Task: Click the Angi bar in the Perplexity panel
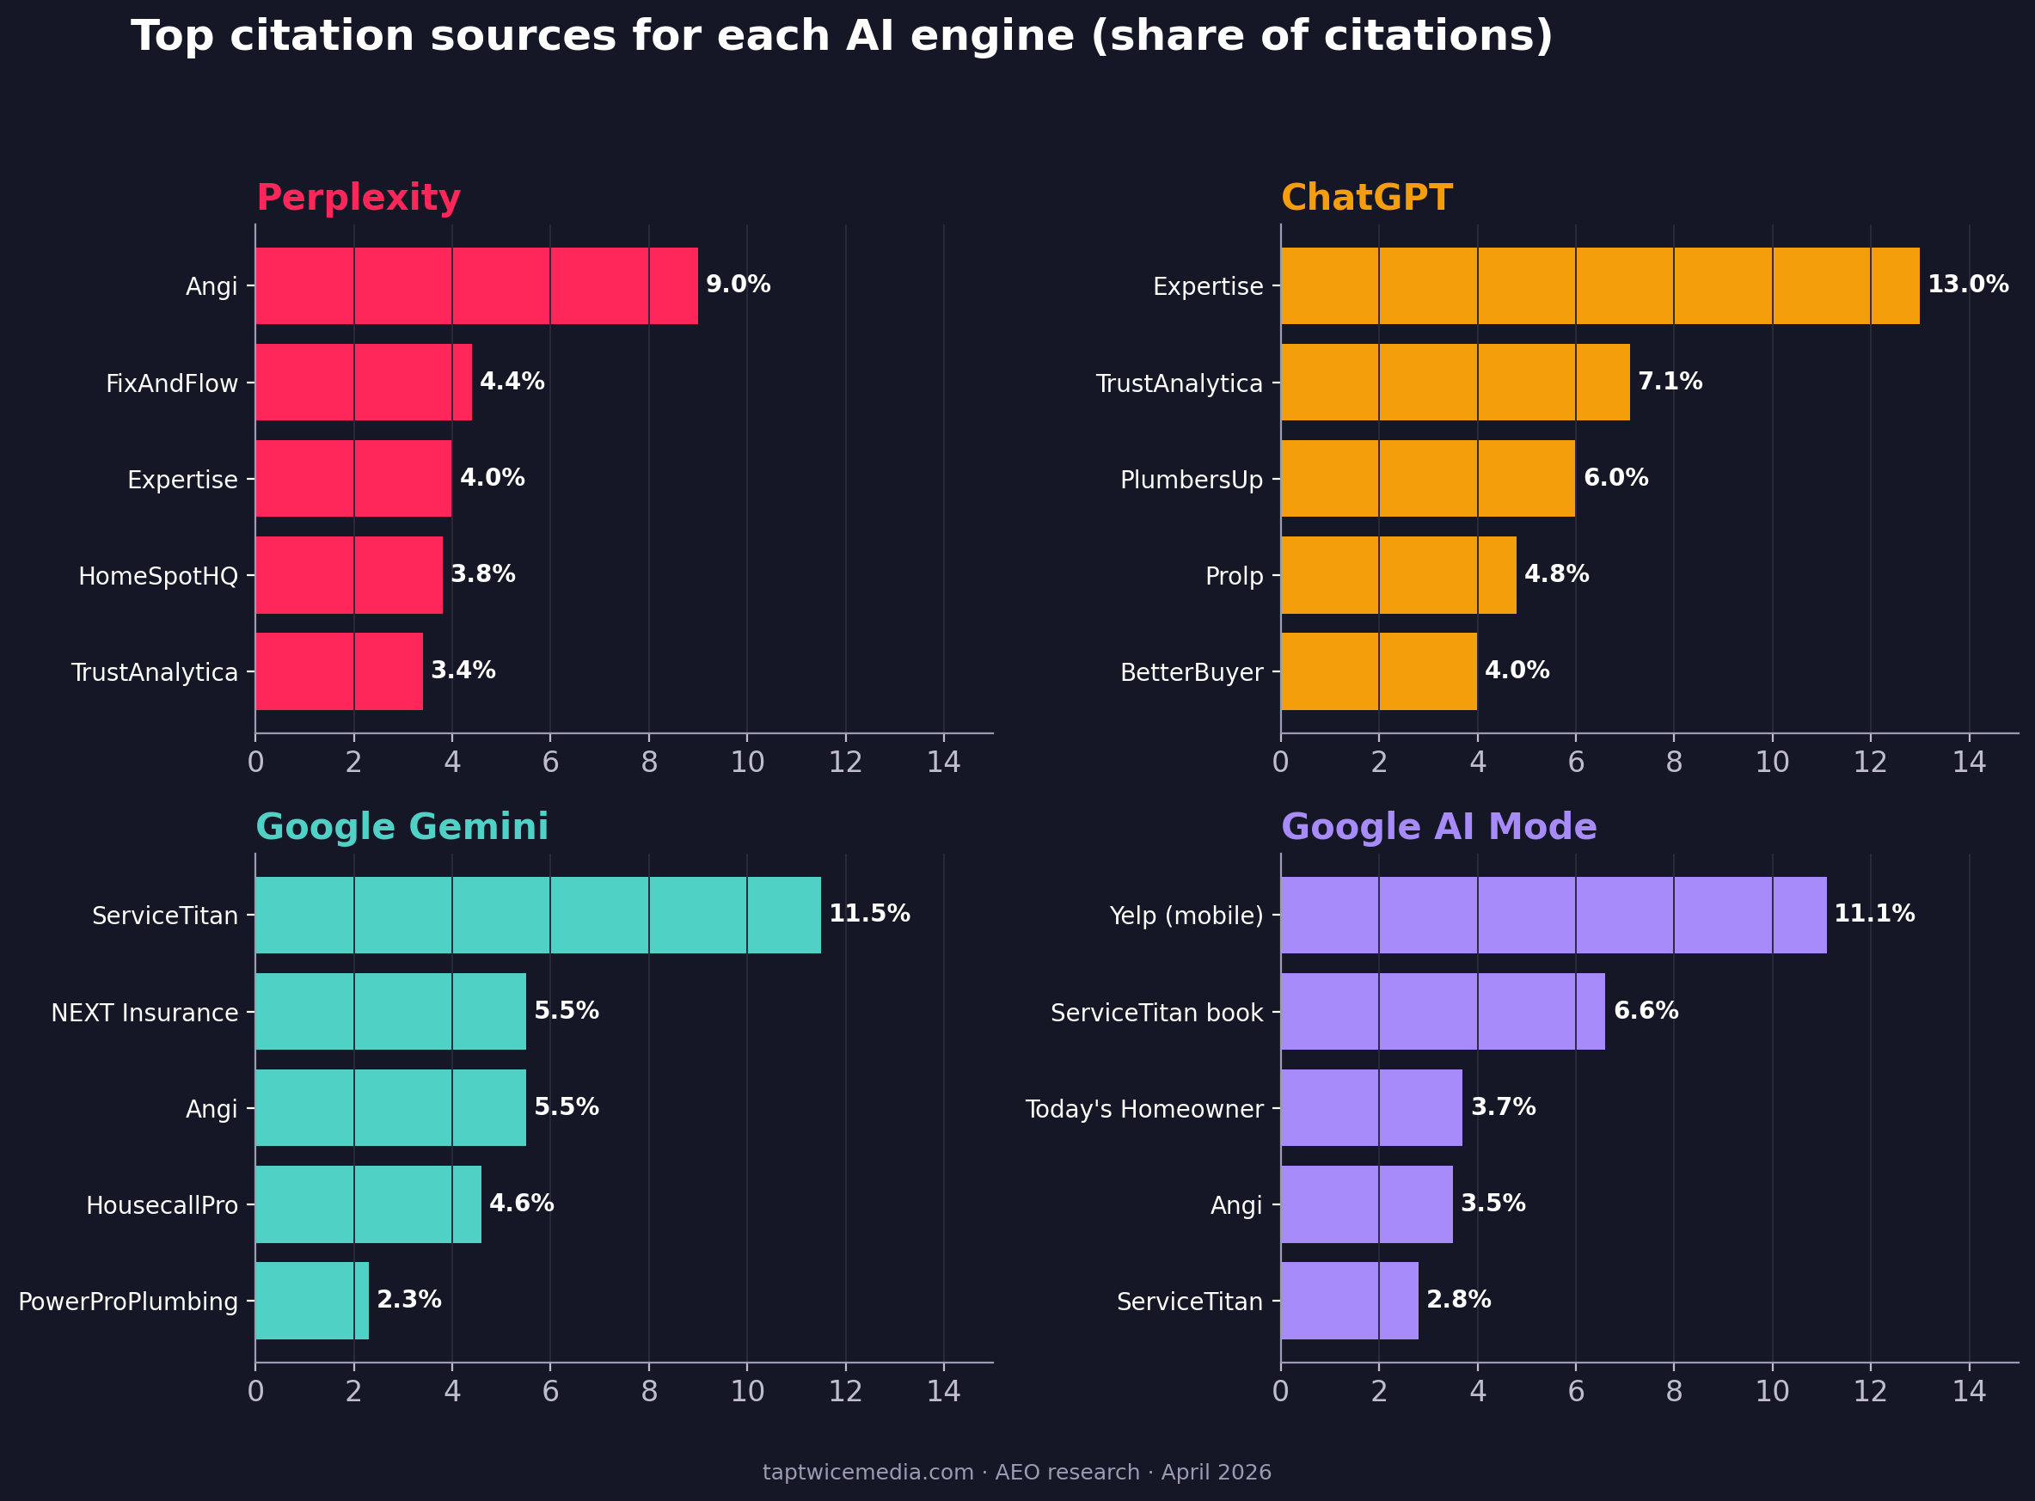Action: click(476, 285)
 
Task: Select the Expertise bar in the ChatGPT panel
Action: click(1600, 285)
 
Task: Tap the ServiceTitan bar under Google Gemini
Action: click(538, 915)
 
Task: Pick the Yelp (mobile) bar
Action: click(1554, 915)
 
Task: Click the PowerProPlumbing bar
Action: click(311, 1300)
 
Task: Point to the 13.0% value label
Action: click(1968, 285)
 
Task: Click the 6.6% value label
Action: click(1646, 1010)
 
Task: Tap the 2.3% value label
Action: click(409, 1299)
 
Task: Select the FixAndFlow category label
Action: click(172, 383)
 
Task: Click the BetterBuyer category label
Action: click(1191, 672)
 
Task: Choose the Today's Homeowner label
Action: click(1143, 1109)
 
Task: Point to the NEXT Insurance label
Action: click(144, 1012)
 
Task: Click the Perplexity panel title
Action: click(358, 197)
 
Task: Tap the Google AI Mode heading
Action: click(1438, 827)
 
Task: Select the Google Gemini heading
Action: click(401, 827)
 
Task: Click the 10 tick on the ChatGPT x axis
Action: click(1772, 763)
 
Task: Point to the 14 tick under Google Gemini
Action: click(943, 1392)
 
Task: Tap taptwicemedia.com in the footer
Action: click(867, 1472)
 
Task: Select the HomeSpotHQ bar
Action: click(349, 575)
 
